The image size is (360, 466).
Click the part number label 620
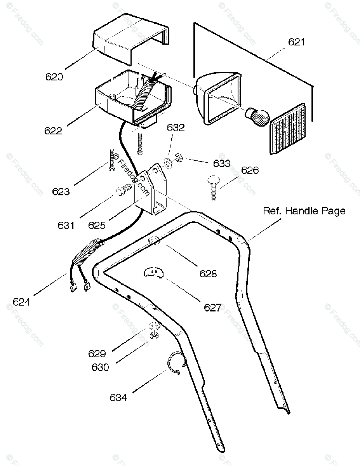point(54,77)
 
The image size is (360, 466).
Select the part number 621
point(297,42)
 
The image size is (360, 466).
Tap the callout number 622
point(53,130)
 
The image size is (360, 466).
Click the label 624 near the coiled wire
point(21,301)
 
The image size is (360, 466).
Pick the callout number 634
point(118,398)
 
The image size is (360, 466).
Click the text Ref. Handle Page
point(304,211)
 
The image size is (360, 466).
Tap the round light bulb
point(257,116)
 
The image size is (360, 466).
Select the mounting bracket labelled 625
point(153,190)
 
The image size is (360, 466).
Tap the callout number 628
point(208,274)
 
